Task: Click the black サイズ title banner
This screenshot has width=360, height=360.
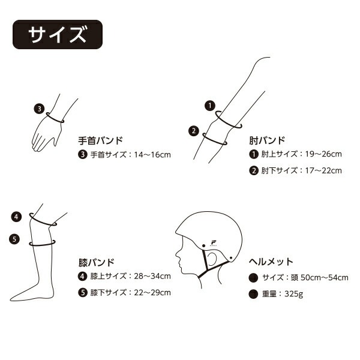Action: [x=58, y=34]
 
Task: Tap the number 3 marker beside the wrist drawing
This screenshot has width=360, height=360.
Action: [x=39, y=109]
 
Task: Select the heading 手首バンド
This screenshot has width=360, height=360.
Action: [x=101, y=140]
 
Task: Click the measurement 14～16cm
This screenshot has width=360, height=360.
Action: [x=152, y=155]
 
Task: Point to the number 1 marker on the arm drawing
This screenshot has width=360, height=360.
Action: [x=210, y=106]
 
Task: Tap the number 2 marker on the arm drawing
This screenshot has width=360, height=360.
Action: [x=194, y=131]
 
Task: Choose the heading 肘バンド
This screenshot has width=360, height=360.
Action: [x=267, y=140]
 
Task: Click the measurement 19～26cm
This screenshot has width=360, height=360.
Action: [x=323, y=154]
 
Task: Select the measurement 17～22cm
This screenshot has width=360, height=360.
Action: [x=323, y=170]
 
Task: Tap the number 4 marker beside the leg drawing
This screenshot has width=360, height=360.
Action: [x=16, y=217]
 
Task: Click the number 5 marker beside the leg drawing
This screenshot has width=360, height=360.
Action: [x=14, y=239]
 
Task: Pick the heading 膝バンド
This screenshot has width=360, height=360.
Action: [x=97, y=262]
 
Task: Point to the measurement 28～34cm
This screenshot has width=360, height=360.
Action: [x=152, y=276]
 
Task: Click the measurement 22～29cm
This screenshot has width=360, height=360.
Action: [x=152, y=293]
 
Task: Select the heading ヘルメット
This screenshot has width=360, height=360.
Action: [x=271, y=262]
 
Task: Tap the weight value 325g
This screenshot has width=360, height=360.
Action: [x=294, y=294]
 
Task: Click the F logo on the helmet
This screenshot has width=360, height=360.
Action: [x=214, y=243]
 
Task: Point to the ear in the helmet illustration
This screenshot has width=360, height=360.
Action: [x=212, y=258]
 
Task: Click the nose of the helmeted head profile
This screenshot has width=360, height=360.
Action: [x=177, y=254]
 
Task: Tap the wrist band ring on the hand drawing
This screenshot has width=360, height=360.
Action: [x=55, y=118]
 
